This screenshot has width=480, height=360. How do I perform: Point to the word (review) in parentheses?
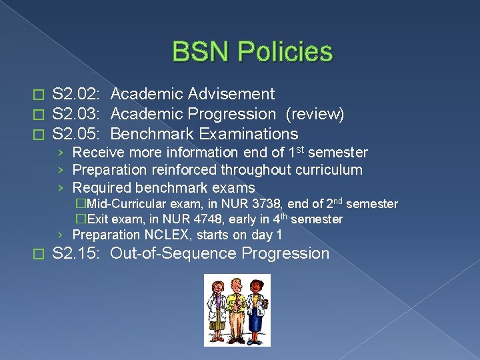(315, 115)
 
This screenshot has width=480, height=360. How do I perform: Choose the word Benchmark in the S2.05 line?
(151, 134)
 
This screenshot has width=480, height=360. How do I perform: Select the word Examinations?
(248, 134)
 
